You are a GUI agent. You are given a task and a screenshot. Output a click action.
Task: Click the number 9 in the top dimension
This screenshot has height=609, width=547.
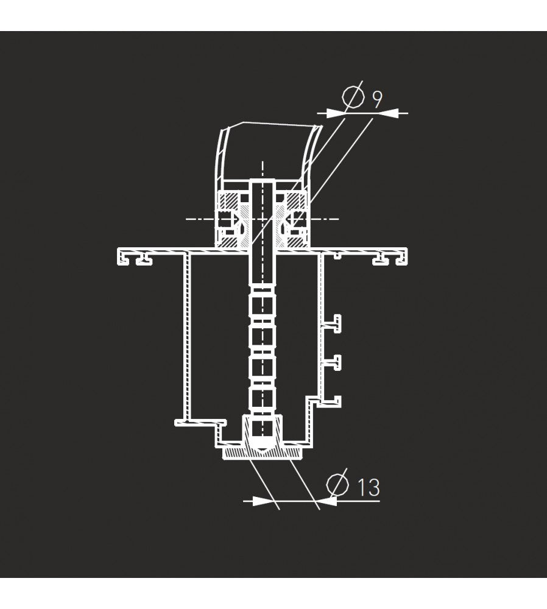coord(377,99)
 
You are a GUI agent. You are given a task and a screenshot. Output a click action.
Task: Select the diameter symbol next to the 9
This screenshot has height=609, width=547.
coord(353,96)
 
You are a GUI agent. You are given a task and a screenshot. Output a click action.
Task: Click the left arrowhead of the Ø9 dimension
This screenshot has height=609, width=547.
coord(336,113)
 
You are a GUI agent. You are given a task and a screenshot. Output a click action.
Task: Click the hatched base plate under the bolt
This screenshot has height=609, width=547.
coord(263,452)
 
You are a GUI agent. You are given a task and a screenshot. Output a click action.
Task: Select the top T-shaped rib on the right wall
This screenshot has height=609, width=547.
coord(333,323)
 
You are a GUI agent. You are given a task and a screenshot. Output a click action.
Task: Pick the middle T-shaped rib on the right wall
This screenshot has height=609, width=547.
coord(333,362)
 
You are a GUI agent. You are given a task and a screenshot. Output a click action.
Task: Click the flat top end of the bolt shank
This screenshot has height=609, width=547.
coord(263,180)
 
